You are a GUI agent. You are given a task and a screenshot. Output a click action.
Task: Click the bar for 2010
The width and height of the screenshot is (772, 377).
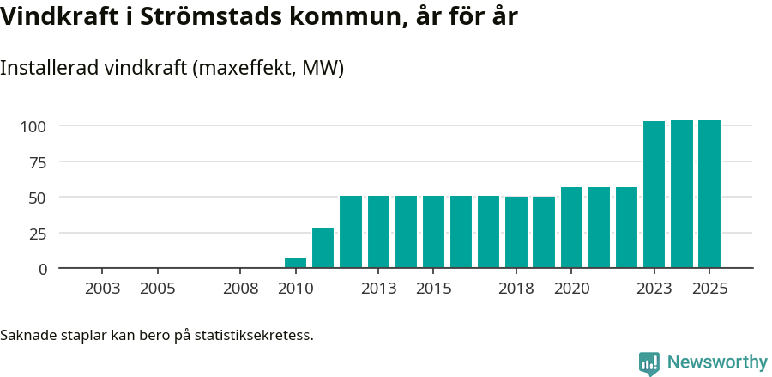[x=295, y=264]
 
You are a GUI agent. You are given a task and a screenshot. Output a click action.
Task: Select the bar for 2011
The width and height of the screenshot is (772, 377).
[x=323, y=248]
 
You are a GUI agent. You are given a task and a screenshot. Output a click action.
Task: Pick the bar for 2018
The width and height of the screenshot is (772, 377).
[x=516, y=233]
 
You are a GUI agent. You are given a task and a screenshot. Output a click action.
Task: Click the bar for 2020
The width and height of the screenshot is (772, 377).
[x=571, y=228]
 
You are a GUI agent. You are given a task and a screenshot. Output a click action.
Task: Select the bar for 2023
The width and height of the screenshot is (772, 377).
[x=654, y=195]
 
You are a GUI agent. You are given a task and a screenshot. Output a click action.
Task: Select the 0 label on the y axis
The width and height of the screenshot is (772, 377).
[x=43, y=269]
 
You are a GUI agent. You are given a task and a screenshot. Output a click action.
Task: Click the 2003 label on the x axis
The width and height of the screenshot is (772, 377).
[x=103, y=289]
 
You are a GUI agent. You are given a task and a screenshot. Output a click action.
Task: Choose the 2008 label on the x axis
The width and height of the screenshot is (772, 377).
[x=240, y=289]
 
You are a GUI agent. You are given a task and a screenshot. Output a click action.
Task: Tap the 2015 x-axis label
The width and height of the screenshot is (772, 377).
[x=434, y=289]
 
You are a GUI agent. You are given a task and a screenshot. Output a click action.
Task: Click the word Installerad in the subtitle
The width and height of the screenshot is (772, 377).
[x=48, y=68]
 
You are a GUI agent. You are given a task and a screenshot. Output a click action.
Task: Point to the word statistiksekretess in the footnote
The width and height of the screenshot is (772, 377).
[x=254, y=334]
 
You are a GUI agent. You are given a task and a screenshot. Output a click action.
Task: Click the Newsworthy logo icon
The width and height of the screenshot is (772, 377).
[x=649, y=363]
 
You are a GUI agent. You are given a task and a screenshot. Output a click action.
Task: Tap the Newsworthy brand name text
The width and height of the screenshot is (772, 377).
[x=717, y=362]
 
